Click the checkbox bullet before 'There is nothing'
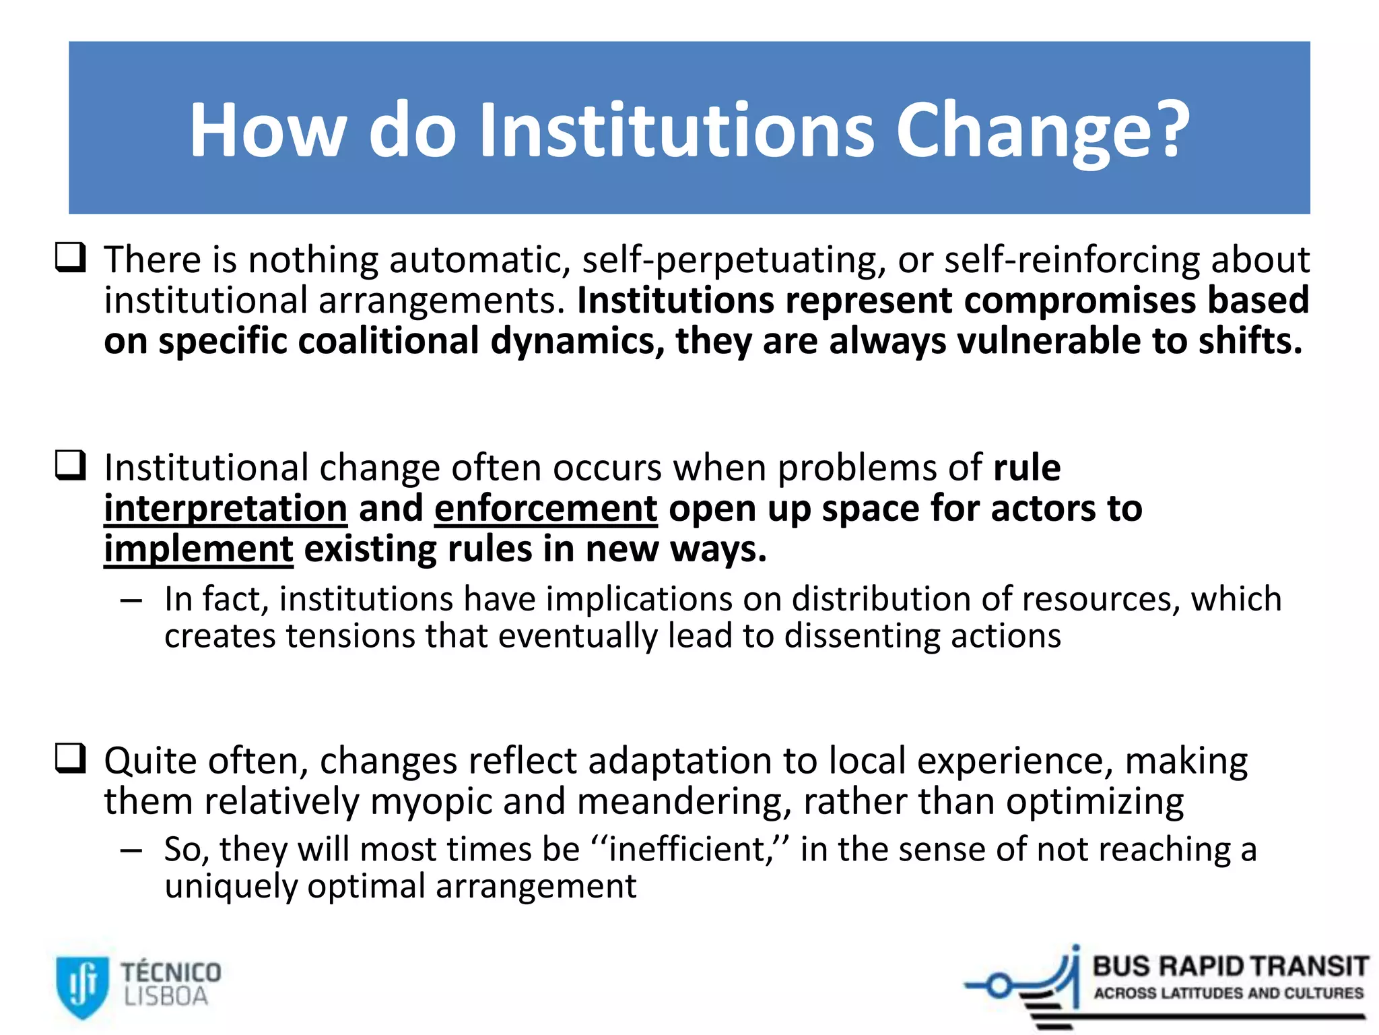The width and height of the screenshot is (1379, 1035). (70, 257)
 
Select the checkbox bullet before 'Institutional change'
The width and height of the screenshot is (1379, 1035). (70, 465)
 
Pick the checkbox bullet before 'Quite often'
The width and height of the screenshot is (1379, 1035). (70, 758)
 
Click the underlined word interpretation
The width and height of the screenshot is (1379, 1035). (226, 509)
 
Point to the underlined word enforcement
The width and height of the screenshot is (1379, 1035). (545, 509)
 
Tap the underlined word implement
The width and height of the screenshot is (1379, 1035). (199, 549)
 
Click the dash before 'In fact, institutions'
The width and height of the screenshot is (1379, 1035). (131, 600)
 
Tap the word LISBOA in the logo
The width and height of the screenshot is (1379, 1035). (166, 997)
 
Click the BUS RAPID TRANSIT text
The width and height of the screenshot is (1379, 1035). (1230, 966)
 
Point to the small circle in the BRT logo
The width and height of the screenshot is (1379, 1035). (999, 986)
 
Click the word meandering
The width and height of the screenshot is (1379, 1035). (683, 802)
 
